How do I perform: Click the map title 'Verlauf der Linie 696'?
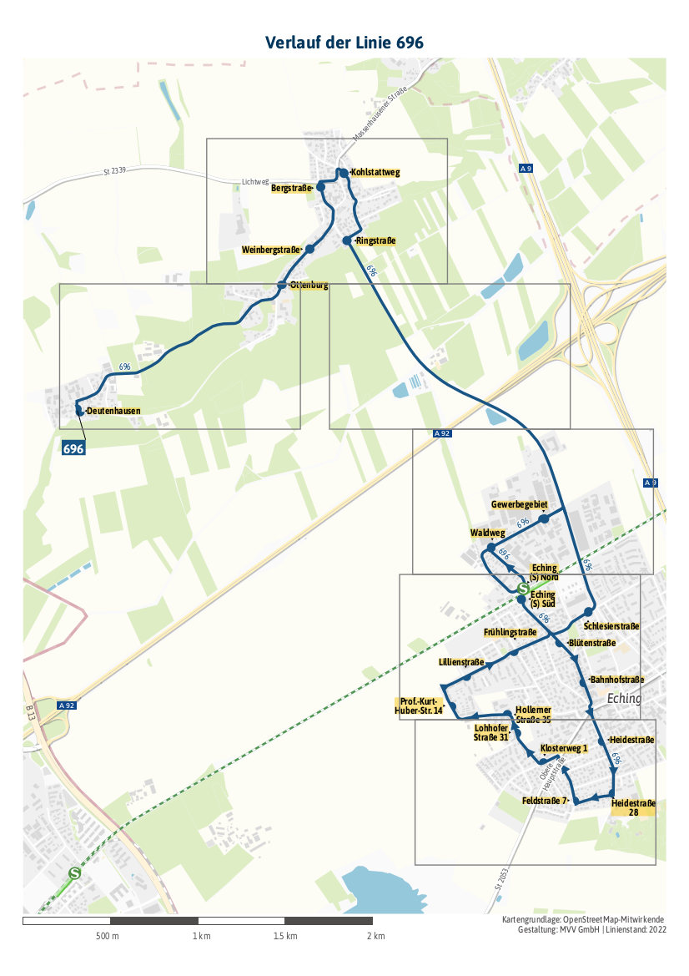pyautogui.click(x=344, y=43)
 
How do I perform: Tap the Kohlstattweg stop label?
pyautogui.click(x=375, y=173)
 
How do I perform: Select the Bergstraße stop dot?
pyautogui.click(x=320, y=186)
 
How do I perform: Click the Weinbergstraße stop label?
pyautogui.click(x=271, y=250)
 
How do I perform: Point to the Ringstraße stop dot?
pyautogui.click(x=347, y=240)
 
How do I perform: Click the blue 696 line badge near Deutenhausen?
pyautogui.click(x=74, y=448)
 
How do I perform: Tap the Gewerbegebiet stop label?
pyautogui.click(x=519, y=505)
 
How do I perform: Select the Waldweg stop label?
pyautogui.click(x=488, y=533)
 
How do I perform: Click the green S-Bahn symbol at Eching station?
pyautogui.click(x=523, y=588)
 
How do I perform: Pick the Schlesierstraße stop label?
pyautogui.click(x=611, y=625)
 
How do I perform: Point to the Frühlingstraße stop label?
pyautogui.click(x=510, y=632)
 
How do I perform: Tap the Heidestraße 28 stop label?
pyautogui.click(x=633, y=807)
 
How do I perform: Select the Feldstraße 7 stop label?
pyautogui.click(x=545, y=801)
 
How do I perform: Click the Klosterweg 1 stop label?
pyautogui.click(x=565, y=748)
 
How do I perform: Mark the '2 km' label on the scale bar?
pyautogui.click(x=375, y=936)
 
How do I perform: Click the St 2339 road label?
pyautogui.click(x=114, y=171)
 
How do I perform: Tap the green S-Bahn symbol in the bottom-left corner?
pyautogui.click(x=75, y=874)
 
